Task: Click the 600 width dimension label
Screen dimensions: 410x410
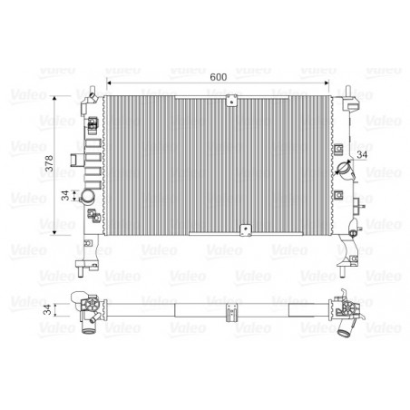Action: [x=218, y=78]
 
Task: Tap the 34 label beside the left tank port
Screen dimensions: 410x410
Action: [x=64, y=197]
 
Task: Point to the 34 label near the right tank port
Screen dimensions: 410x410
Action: [x=363, y=154]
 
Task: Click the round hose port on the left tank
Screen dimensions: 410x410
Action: [x=89, y=198]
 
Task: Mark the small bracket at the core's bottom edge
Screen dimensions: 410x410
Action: [x=243, y=229]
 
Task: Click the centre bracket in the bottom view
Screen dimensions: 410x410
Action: [x=233, y=310]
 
